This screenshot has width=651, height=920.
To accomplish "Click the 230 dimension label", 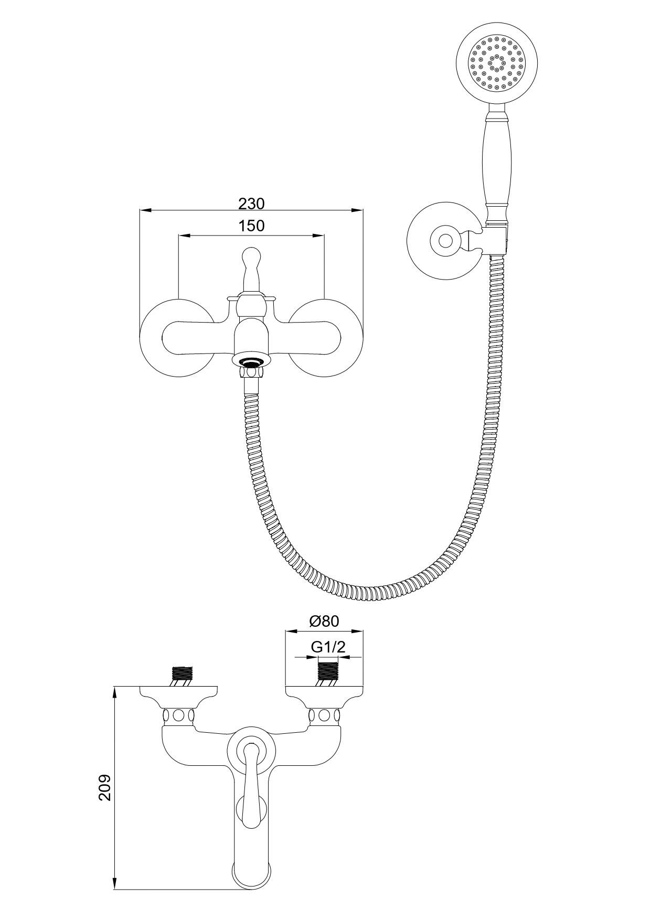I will (251, 203).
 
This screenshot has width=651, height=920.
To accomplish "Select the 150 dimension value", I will (251, 226).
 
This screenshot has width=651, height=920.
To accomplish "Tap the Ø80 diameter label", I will (324, 621).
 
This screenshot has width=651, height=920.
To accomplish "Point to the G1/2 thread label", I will (328, 647).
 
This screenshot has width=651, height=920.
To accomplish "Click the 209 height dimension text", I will (105, 787).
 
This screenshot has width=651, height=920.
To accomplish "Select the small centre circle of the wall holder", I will (445, 241).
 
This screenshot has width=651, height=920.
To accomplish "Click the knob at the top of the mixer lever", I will (251, 260).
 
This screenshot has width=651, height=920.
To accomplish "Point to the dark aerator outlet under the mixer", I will (251, 361).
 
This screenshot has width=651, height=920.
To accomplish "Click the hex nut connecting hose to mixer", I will (251, 372).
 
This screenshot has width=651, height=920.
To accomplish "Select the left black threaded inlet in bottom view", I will (182, 672).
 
